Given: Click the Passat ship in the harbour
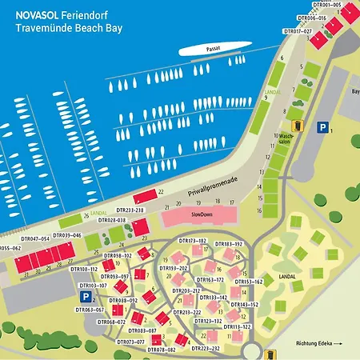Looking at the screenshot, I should click(x=210, y=50).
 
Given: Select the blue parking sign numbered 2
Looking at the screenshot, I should click(x=85, y=297).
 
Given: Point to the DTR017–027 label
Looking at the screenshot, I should click(x=298, y=31).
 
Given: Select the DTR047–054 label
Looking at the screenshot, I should click(x=35, y=238).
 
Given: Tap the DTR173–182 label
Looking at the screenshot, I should click(x=192, y=240).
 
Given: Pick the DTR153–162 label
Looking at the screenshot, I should click(x=249, y=282).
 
